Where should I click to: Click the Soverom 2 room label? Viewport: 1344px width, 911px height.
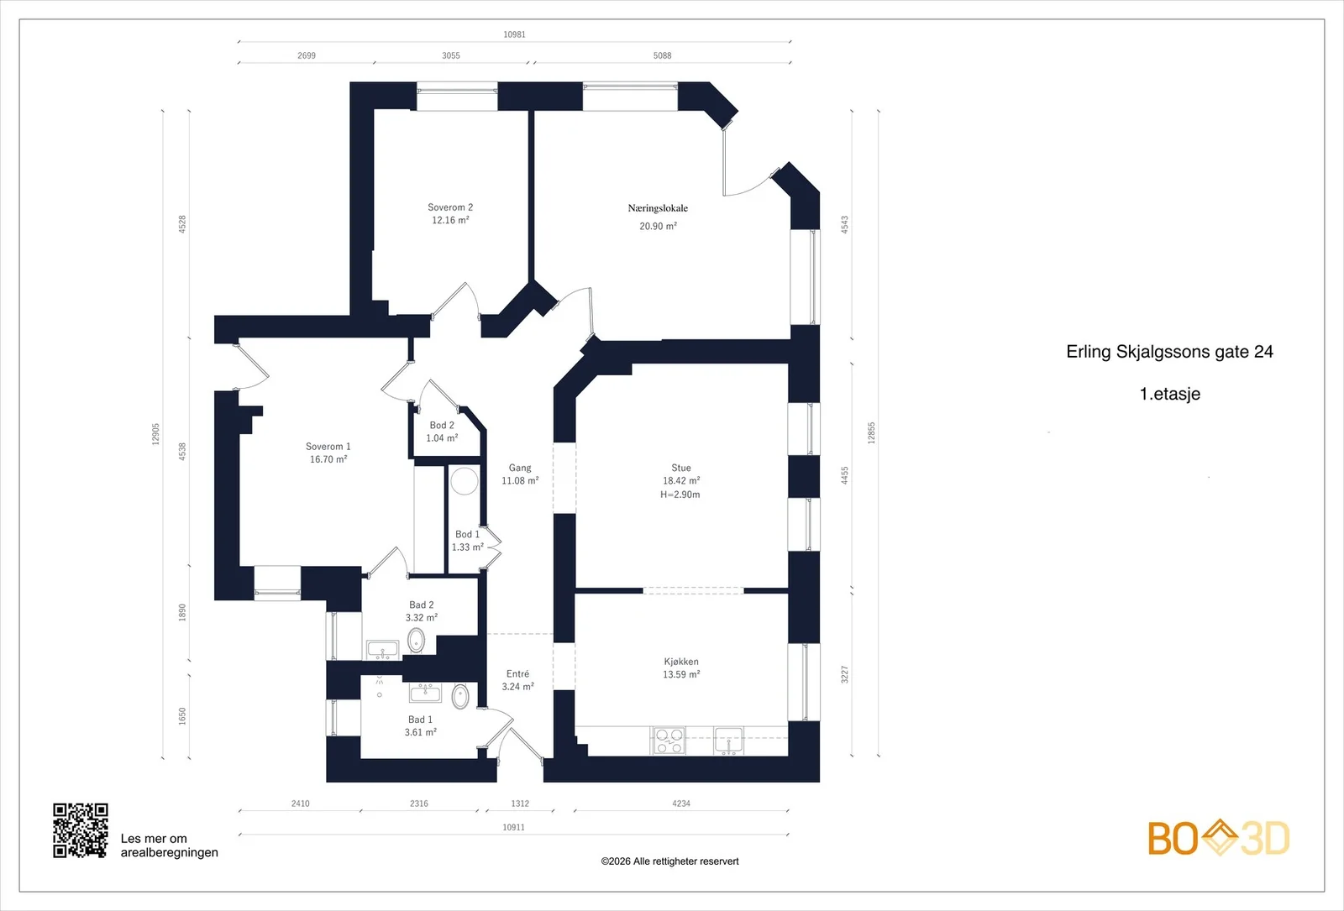coord(450,207)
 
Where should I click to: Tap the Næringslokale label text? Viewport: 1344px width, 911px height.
coord(658,208)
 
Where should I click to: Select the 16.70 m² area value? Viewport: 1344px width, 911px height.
coord(328,459)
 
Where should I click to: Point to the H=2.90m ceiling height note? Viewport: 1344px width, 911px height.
coord(680,495)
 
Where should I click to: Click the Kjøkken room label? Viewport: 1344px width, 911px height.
coord(681,662)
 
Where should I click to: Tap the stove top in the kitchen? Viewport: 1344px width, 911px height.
coord(669,741)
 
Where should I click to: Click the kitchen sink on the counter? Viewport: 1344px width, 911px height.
coord(728,741)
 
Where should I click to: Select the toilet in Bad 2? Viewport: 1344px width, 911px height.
coord(417,641)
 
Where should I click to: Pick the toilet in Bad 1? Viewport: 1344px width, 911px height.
coord(460,697)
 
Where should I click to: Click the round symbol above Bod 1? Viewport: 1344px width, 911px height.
coord(465,481)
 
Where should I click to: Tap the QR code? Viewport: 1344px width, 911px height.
coord(81,830)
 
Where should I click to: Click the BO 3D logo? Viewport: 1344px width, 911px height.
coord(1219,838)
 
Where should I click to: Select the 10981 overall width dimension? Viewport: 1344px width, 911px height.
coord(514,34)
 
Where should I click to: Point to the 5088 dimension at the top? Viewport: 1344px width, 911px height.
coord(663,55)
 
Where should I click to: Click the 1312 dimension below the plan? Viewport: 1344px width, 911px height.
coord(520,804)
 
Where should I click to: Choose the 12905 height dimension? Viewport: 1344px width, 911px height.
coord(156,434)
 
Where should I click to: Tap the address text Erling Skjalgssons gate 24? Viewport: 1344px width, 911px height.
coord(1169,352)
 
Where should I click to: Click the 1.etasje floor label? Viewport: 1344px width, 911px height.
coord(1170,394)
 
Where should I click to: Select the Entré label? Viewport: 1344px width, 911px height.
coord(517,674)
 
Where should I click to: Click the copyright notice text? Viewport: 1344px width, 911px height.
coord(669,861)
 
